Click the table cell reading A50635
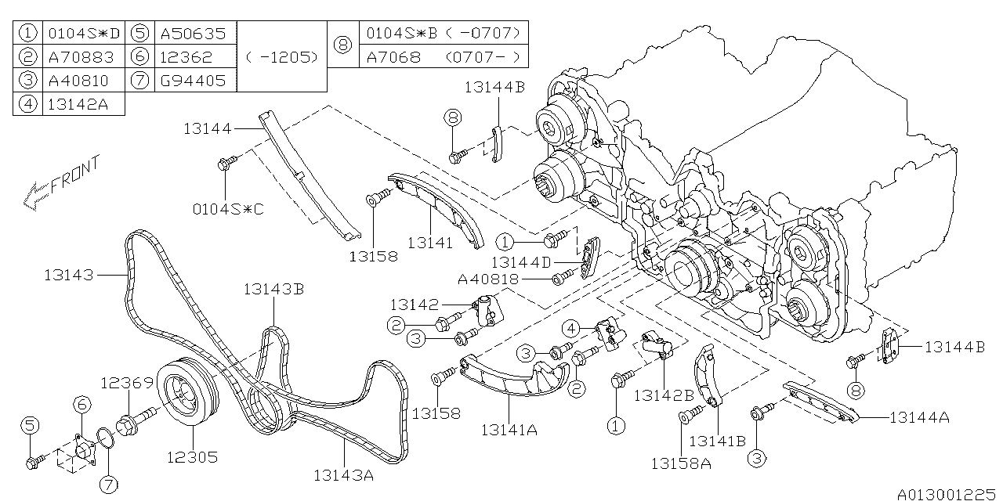tap(192, 34)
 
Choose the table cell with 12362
tap(186, 57)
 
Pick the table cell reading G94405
tap(192, 80)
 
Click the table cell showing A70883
tap(80, 57)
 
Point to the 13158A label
tap(680, 463)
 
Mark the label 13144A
tap(919, 417)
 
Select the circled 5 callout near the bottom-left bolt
tap(30, 425)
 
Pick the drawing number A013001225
tap(946, 493)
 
